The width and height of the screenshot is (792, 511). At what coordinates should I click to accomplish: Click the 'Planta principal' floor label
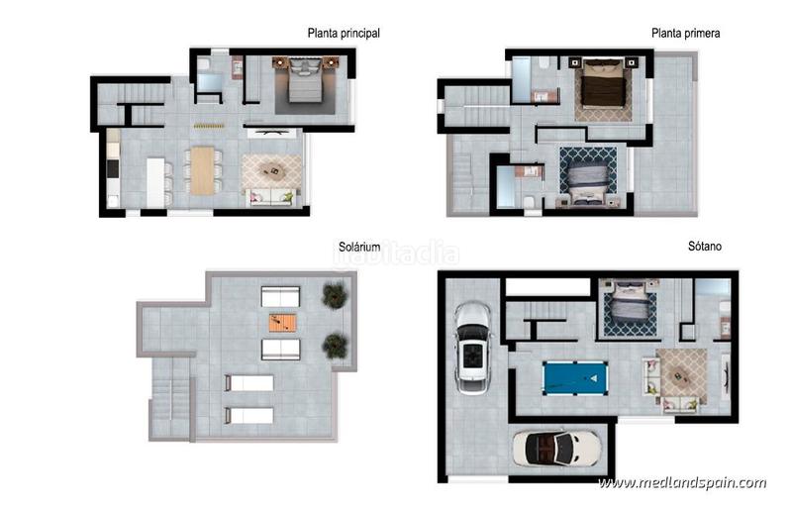(x=344, y=33)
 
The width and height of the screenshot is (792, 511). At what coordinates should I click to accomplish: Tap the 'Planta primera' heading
(x=685, y=33)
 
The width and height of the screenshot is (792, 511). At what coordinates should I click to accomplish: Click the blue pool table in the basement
(x=577, y=377)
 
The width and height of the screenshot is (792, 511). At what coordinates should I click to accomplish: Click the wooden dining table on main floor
(x=203, y=170)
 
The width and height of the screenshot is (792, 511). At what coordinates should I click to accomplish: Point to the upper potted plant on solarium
(x=335, y=294)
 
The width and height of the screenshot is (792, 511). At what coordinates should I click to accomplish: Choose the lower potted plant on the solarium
(x=335, y=345)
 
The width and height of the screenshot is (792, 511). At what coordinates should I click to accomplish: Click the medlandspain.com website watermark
(x=682, y=483)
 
